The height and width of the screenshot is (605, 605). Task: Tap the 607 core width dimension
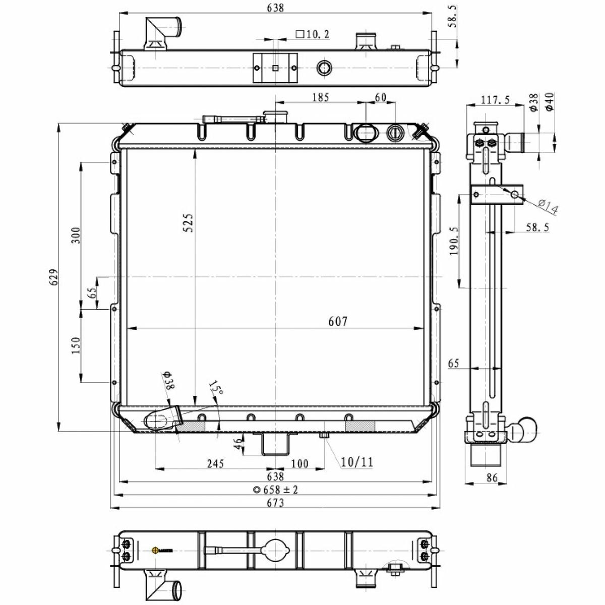click(x=338, y=321)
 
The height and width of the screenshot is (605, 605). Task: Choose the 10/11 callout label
click(x=357, y=462)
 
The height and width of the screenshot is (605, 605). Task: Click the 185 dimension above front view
click(x=321, y=97)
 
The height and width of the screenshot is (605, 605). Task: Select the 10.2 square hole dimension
click(x=313, y=34)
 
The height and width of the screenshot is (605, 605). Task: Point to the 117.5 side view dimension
click(x=496, y=100)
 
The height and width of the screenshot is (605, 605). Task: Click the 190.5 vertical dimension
click(x=454, y=240)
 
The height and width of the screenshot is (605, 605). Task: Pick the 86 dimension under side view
click(x=492, y=477)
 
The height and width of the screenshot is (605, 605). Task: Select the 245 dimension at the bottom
click(x=216, y=463)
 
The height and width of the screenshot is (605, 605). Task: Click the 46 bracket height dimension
click(x=238, y=444)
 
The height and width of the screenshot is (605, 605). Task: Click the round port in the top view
click(x=325, y=68)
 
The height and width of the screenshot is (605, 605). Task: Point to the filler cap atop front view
click(x=275, y=116)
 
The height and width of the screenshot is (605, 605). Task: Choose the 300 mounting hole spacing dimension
click(x=76, y=235)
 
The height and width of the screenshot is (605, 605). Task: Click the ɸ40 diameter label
click(x=550, y=101)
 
